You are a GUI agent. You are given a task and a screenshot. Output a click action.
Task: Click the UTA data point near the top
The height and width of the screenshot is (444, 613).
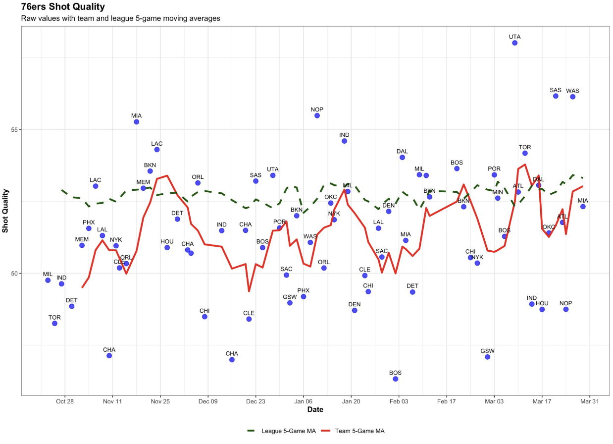515,43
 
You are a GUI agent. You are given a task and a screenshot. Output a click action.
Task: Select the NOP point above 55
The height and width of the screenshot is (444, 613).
317,115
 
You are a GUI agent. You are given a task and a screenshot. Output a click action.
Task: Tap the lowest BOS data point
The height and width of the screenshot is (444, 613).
395,379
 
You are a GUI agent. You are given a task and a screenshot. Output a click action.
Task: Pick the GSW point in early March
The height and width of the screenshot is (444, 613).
487,357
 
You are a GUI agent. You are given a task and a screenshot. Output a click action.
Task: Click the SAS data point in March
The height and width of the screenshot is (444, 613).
556,96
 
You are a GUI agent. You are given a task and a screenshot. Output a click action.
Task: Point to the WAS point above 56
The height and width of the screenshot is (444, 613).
572,97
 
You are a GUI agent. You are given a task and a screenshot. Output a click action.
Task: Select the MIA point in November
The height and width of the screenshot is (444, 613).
136,122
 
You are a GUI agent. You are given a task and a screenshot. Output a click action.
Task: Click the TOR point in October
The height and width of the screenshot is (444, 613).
54,323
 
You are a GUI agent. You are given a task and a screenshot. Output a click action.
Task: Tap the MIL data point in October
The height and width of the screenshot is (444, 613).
48,280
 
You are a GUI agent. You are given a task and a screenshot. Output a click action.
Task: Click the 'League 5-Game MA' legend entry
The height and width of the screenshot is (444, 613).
281,431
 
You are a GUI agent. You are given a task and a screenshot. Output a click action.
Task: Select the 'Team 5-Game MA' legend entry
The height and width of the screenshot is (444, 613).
353,431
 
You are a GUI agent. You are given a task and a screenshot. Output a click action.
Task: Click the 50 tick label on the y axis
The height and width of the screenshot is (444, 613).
14,273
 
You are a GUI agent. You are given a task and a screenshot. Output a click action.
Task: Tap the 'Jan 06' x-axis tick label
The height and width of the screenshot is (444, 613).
303,401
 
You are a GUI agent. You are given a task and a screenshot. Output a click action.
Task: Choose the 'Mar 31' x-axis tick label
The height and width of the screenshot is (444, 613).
589,401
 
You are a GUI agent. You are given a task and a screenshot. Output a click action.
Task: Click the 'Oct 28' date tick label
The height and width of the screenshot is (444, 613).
65,401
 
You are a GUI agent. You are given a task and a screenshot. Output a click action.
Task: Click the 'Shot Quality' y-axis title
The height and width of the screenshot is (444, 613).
6,211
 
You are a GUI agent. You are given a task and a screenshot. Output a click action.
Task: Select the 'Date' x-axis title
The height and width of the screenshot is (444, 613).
315,410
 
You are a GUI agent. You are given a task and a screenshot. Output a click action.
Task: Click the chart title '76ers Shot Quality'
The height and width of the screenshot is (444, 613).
63,7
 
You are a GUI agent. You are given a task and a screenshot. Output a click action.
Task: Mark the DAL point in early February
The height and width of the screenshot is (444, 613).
402,158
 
